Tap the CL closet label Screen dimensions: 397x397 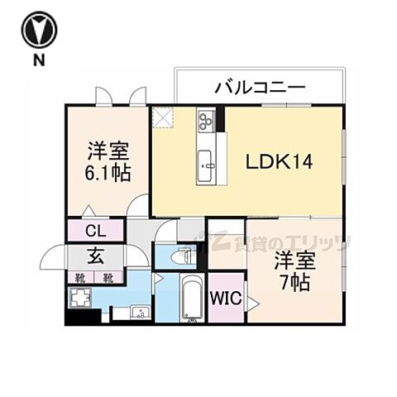(x=93, y=230)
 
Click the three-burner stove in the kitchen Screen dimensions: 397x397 (x=205, y=122)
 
